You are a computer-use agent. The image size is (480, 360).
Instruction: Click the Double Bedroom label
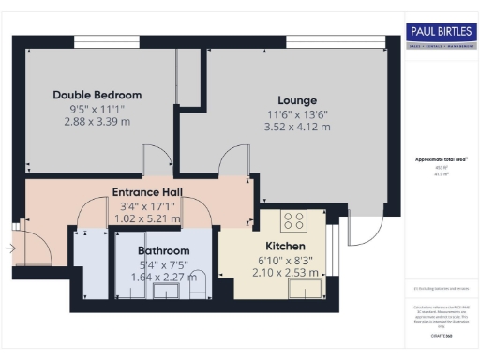click(97, 95)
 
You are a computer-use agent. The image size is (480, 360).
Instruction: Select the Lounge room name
click(297, 100)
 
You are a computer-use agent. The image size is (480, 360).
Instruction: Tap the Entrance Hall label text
click(147, 192)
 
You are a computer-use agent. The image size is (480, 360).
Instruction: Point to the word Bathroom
click(164, 250)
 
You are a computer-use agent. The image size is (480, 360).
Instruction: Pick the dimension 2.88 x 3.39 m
click(97, 123)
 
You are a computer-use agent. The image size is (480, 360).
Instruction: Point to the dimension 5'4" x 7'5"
click(164, 264)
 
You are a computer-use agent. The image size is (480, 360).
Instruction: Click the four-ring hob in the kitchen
click(293, 222)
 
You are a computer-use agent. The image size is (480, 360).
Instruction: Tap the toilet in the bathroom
click(197, 291)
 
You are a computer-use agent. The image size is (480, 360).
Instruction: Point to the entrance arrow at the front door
click(9, 248)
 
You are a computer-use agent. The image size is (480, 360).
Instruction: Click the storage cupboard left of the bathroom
click(92, 267)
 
